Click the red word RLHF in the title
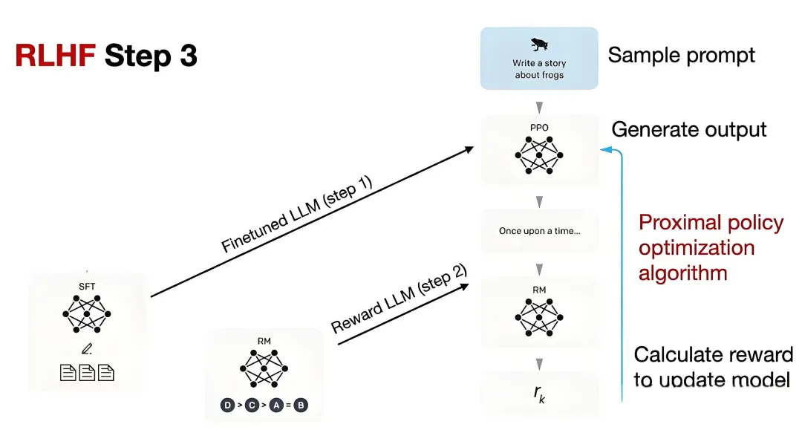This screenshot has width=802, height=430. [x=56, y=56]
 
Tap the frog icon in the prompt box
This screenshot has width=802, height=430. [x=539, y=44]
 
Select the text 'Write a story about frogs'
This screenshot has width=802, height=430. [x=539, y=69]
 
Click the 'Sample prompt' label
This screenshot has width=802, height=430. [x=681, y=56]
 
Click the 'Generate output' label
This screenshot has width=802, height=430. [x=688, y=130]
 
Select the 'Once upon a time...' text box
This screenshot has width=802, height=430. [x=539, y=231]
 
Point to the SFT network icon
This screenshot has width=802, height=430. [x=88, y=315]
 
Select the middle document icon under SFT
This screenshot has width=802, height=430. [x=88, y=372]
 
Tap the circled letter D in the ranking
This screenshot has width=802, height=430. [x=227, y=406]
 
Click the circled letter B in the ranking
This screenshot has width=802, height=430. [x=300, y=406]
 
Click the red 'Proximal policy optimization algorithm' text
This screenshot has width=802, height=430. [x=711, y=247]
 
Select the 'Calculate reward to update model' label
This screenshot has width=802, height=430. [x=712, y=367]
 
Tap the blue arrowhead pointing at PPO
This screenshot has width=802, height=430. [x=606, y=151]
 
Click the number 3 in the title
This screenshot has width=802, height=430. [x=186, y=56]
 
